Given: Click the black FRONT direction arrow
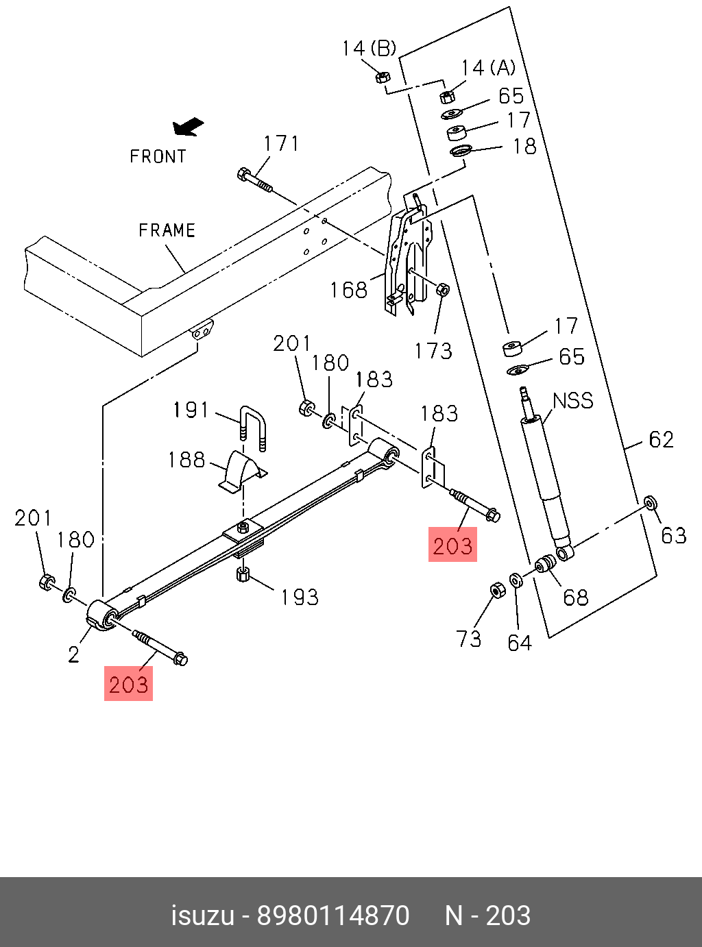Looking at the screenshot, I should pyautogui.click(x=188, y=126).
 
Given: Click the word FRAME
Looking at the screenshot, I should pyautogui.click(x=167, y=230).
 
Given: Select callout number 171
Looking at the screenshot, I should pyautogui.click(x=281, y=143).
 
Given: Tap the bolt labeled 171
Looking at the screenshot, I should pyautogui.click(x=254, y=180).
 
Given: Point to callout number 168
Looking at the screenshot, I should pyautogui.click(x=348, y=290).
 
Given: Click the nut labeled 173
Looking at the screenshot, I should pyautogui.click(x=443, y=289).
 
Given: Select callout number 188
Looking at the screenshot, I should pyautogui.click(x=186, y=459).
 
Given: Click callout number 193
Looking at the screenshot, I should pyautogui.click(x=300, y=597).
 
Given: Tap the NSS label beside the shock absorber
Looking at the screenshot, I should pyautogui.click(x=573, y=400).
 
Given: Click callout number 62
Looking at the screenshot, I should pyautogui.click(x=661, y=439).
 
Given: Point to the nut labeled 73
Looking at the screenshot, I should pyautogui.click(x=498, y=590).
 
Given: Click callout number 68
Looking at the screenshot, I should pyautogui.click(x=575, y=597).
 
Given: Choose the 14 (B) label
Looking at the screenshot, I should pyautogui.click(x=369, y=48).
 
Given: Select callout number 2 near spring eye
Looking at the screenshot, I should pyautogui.click(x=74, y=654).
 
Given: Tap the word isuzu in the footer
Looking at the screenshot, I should pyautogui.click(x=202, y=915).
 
